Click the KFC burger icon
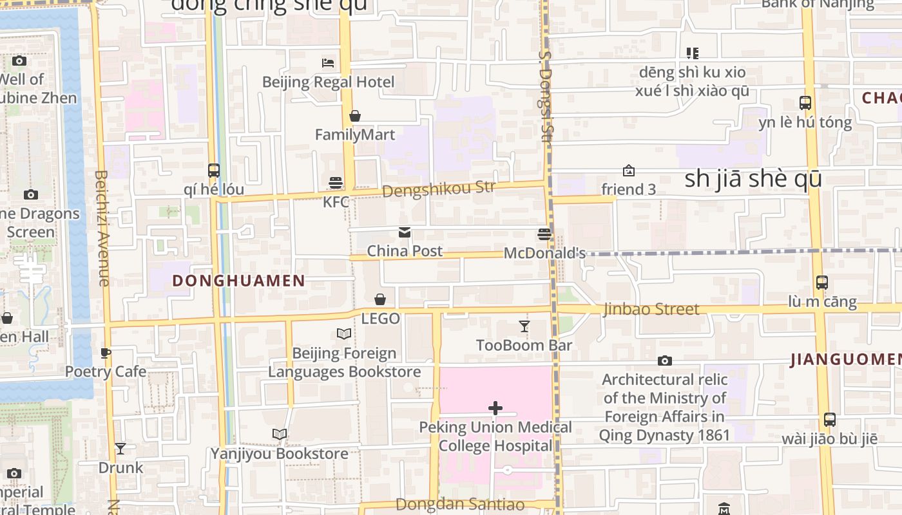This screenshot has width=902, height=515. point(335,183)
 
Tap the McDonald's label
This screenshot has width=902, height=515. point(544,253)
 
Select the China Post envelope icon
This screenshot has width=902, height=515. point(405,233)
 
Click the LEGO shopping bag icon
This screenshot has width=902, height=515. point(380,299)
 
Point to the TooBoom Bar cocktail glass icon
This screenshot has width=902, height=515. point(524,326)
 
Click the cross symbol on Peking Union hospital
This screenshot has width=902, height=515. point(495,407)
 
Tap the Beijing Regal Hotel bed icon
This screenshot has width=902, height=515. point(328,63)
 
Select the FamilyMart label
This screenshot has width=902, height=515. point(355,135)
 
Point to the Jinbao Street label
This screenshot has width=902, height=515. point(651,310)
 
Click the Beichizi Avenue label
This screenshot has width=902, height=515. point(102,228)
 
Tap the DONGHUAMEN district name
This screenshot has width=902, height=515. point(238,281)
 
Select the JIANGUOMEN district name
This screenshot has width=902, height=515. point(845,360)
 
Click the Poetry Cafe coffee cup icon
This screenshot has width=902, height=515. point(106,353)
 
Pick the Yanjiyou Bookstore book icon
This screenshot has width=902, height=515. point(280,435)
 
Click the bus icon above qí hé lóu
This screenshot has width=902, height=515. point(214,171)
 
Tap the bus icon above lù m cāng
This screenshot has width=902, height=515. point(822,282)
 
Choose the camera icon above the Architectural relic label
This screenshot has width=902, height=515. point(665,361)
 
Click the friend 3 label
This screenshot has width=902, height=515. point(628,189)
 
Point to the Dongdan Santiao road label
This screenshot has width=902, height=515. point(460,504)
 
